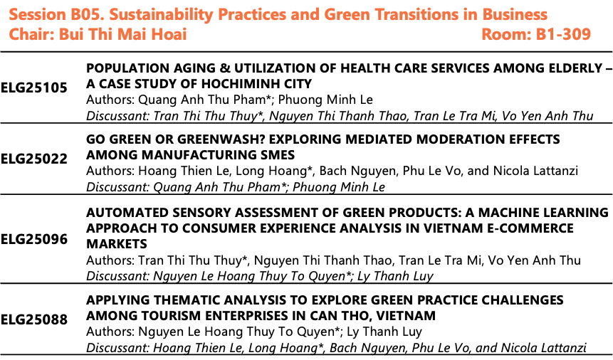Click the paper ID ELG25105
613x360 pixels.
(34, 88)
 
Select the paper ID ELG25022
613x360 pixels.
(34, 159)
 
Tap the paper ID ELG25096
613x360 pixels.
(34, 239)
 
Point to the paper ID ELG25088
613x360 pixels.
(34, 319)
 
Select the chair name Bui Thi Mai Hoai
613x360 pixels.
(122, 34)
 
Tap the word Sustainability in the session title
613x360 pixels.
(161, 15)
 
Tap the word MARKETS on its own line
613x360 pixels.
(117, 244)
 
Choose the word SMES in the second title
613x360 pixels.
(277, 155)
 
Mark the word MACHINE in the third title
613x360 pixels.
(508, 212)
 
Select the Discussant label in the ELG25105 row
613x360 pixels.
(117, 116)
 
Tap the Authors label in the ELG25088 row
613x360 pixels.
(110, 332)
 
